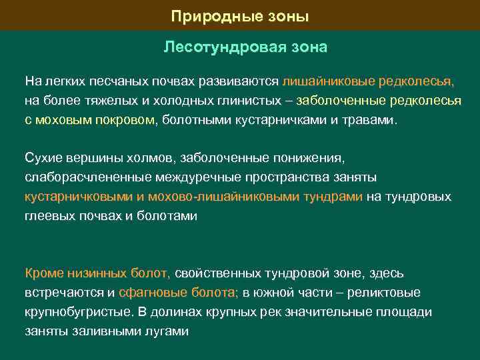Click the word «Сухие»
[x=43, y=159]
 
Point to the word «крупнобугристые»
[x=79, y=312]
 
